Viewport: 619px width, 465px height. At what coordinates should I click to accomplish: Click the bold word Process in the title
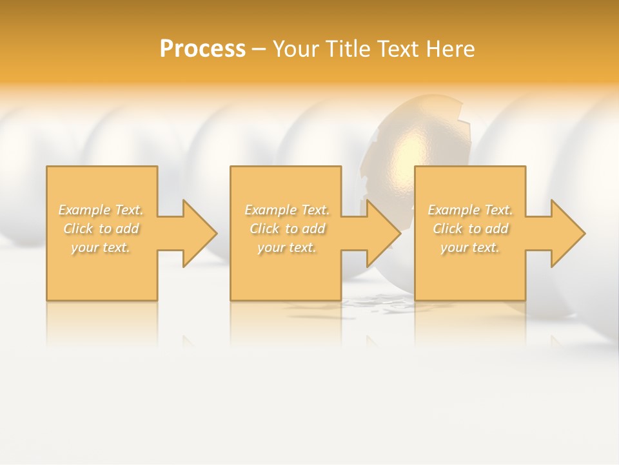pos(202,49)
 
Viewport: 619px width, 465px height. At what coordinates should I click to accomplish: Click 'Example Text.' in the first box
pos(101,210)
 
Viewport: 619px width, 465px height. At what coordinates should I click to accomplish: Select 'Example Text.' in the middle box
pos(287,210)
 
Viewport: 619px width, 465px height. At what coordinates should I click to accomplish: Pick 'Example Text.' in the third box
pos(470,210)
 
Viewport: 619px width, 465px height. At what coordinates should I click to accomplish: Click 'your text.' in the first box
pos(101,248)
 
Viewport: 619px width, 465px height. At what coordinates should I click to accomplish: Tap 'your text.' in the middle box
pos(286,248)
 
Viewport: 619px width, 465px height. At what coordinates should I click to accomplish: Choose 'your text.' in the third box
pos(469,248)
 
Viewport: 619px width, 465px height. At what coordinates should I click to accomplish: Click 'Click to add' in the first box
pos(101,229)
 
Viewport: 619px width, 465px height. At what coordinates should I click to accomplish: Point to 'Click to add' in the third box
pos(470,229)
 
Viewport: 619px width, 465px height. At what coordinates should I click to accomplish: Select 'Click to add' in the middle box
pos(287,229)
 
